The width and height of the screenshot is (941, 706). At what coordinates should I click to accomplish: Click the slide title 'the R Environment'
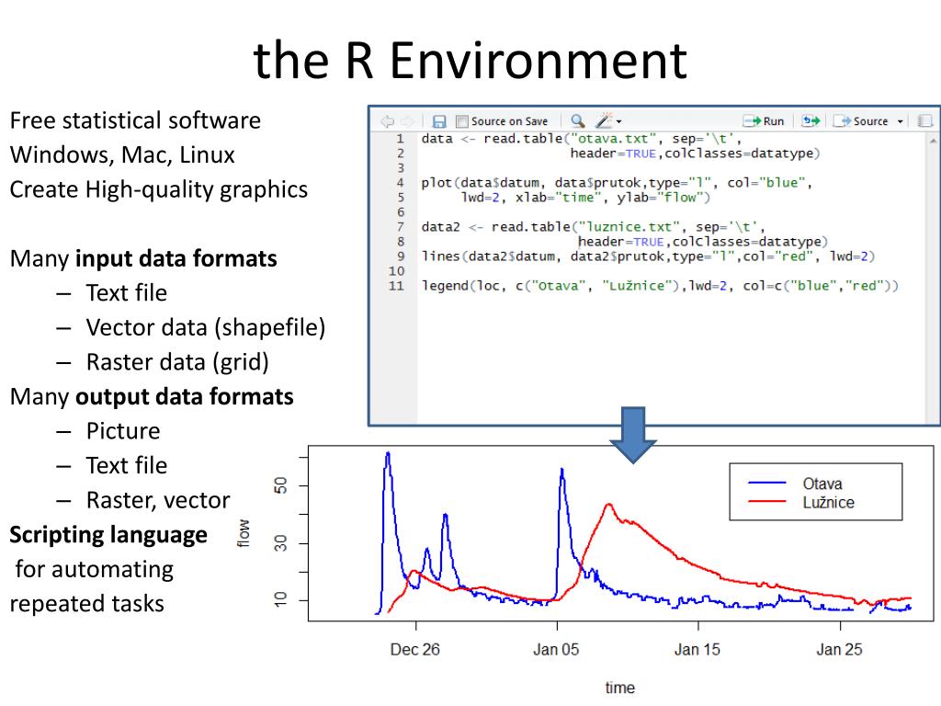coord(470,61)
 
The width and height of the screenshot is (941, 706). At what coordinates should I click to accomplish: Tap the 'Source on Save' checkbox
coord(462,121)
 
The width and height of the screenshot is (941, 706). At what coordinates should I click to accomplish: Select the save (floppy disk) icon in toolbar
coord(439,121)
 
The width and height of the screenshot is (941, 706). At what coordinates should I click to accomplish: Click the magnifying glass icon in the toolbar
coord(577,120)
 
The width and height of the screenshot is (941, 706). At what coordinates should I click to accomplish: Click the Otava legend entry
coord(822,484)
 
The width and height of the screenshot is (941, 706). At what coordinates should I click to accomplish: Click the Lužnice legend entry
coord(827,502)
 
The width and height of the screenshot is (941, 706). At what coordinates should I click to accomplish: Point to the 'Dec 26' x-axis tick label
coord(414,650)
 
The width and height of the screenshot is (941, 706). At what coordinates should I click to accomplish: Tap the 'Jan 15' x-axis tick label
coord(697,650)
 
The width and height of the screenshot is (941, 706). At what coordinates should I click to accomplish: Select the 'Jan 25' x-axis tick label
coord(839,650)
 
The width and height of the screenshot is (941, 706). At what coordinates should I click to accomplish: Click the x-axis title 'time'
coord(619,688)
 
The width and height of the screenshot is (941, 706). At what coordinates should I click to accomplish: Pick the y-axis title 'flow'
coord(244,534)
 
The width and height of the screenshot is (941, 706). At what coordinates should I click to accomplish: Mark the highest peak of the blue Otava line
coord(388,452)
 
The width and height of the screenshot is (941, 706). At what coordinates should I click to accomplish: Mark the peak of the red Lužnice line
coord(608,505)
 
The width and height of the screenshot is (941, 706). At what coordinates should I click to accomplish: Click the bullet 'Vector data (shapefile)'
coord(206,327)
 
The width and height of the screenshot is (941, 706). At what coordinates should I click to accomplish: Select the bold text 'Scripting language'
coord(108,534)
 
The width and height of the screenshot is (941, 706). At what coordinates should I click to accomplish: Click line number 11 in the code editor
coord(396,286)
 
